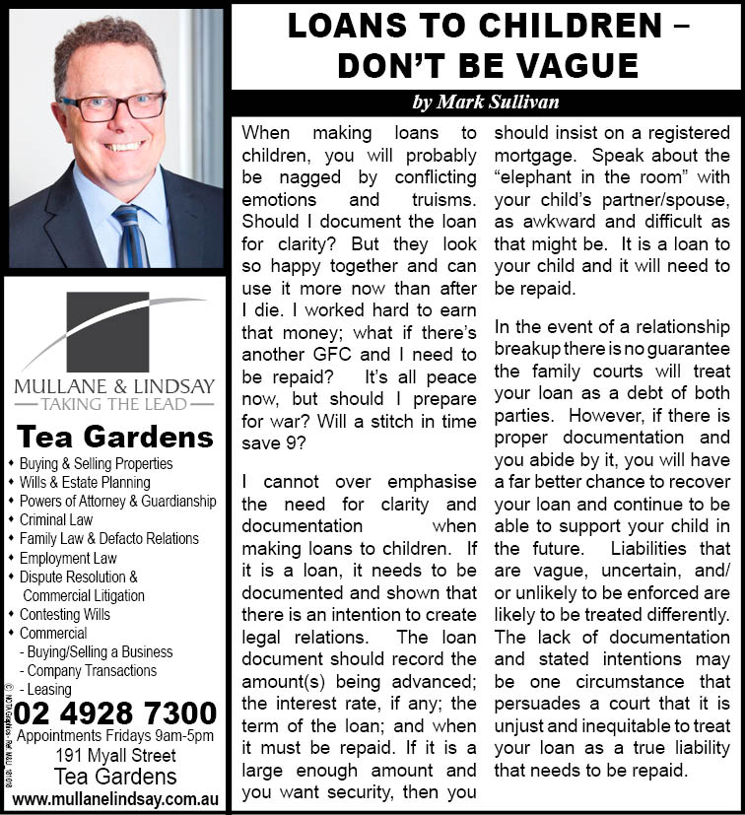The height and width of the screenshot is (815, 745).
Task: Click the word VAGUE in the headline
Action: [575, 65]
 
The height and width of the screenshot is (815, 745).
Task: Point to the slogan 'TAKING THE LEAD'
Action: [114, 403]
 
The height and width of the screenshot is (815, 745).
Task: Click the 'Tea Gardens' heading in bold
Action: [114, 437]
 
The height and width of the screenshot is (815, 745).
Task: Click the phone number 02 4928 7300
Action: [116, 713]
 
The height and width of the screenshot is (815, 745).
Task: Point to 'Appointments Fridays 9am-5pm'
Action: [115, 736]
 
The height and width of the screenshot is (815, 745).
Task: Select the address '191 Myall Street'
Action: [115, 756]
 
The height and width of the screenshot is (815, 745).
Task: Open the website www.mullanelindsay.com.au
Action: [115, 797]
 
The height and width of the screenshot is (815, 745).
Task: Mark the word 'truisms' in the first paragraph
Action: [439, 199]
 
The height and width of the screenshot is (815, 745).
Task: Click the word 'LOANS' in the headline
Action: [341, 26]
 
